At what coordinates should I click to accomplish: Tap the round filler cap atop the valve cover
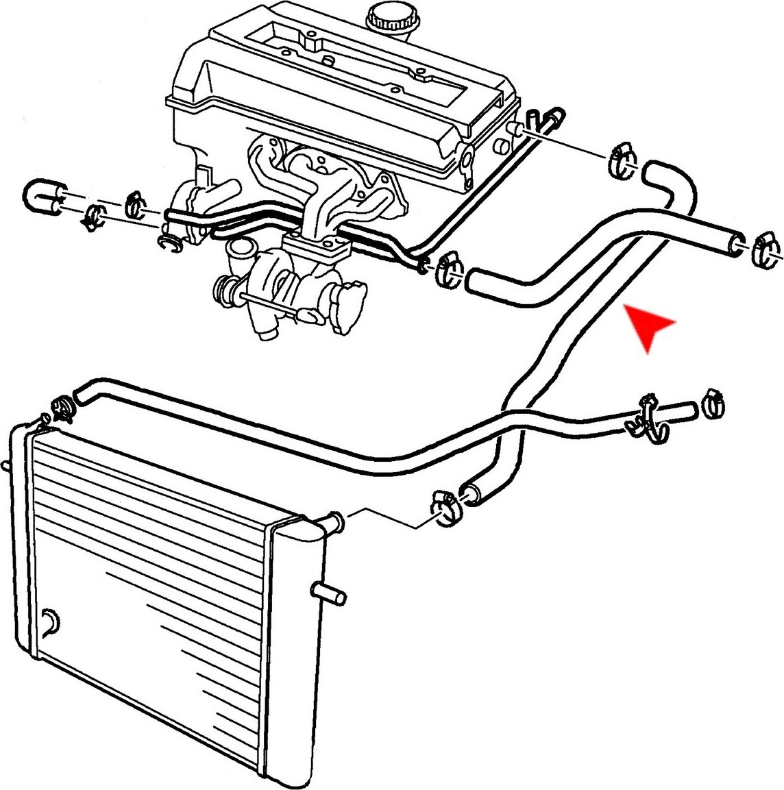tap(389, 18)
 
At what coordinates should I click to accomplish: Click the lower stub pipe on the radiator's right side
tap(330, 593)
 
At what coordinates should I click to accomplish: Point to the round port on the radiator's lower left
tap(49, 622)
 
